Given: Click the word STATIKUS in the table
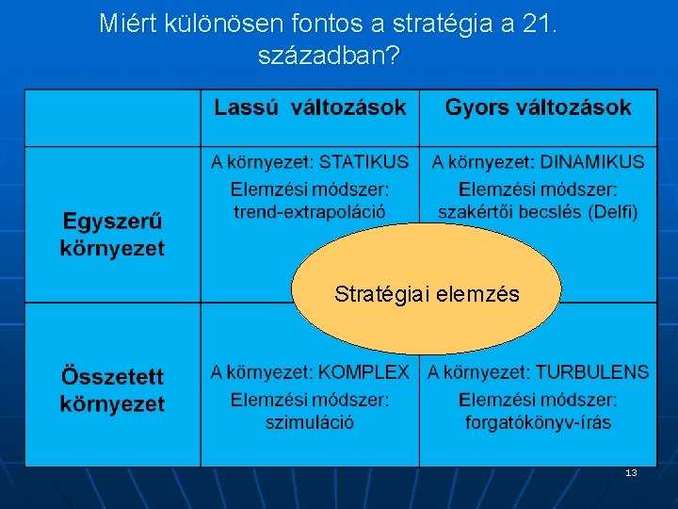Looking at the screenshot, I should (364, 162).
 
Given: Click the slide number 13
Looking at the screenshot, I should (631, 473).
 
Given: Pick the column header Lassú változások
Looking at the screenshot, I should (310, 107).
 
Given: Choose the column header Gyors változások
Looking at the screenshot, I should (538, 107).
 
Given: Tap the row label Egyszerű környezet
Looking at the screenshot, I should (112, 236).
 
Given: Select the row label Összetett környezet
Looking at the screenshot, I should (112, 390).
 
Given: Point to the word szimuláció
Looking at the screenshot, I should (310, 422).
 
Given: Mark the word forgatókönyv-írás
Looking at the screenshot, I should (538, 422).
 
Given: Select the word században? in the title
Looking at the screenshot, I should (329, 57).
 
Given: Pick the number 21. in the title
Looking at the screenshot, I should (538, 25).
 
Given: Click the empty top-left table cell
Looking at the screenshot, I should (112, 118).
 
